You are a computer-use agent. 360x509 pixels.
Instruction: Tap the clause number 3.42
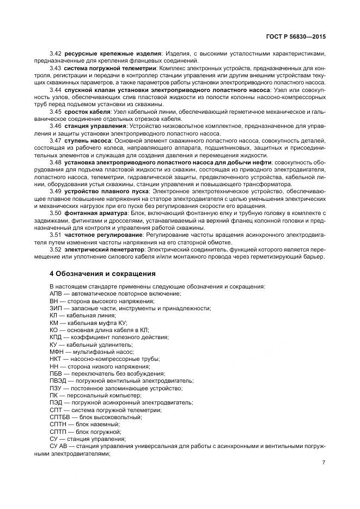[x=56, y=53]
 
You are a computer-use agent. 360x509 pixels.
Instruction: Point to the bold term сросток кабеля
[x=87, y=111]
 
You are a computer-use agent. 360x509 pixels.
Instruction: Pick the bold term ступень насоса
[x=88, y=140]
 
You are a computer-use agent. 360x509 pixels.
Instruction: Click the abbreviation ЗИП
[x=56, y=308]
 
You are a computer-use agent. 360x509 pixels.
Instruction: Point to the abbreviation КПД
[x=56, y=337]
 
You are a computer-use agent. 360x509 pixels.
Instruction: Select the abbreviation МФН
[x=57, y=352]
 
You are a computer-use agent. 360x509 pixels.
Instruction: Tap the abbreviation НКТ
[x=56, y=359]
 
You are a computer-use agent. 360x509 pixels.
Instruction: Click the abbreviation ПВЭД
[x=58, y=381]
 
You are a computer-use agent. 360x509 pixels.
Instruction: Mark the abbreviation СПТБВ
[x=60, y=417]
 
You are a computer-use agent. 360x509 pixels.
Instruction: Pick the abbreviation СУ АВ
[x=58, y=446]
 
